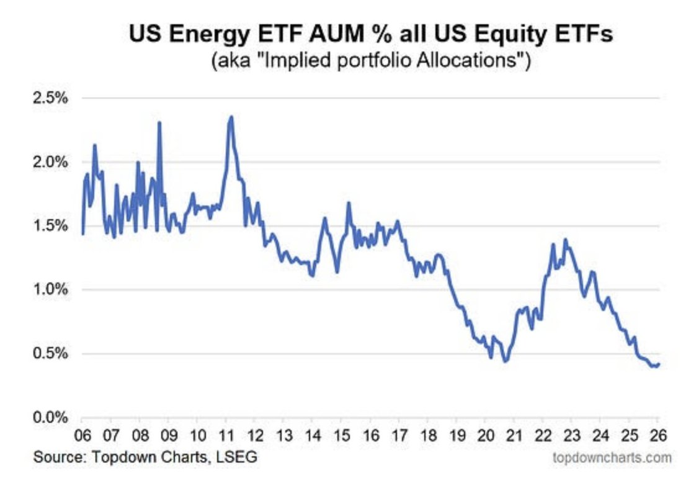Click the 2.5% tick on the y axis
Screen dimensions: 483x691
[50, 98]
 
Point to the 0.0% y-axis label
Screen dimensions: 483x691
[50, 417]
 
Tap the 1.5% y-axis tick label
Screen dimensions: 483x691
[50, 226]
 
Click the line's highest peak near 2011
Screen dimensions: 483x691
[231, 117]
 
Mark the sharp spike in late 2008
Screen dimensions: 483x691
[159, 123]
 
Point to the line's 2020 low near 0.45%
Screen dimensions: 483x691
[505, 361]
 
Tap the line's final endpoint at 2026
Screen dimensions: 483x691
[659, 364]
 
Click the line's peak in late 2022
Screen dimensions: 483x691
[565, 240]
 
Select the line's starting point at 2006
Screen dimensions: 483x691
[82, 233]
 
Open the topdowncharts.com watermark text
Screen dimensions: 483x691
[612, 458]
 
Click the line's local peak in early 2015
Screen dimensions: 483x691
[349, 203]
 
